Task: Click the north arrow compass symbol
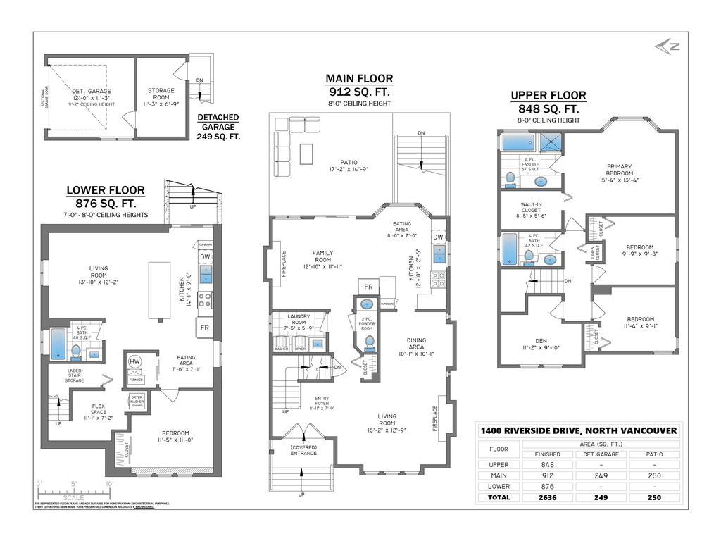coord(668,46)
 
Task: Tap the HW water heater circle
coord(135,362)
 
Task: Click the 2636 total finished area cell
coord(548,497)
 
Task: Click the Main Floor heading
coord(359,79)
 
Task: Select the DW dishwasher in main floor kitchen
coord(438,238)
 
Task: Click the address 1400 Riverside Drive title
coord(578,430)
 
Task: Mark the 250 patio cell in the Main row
coord(654,475)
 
